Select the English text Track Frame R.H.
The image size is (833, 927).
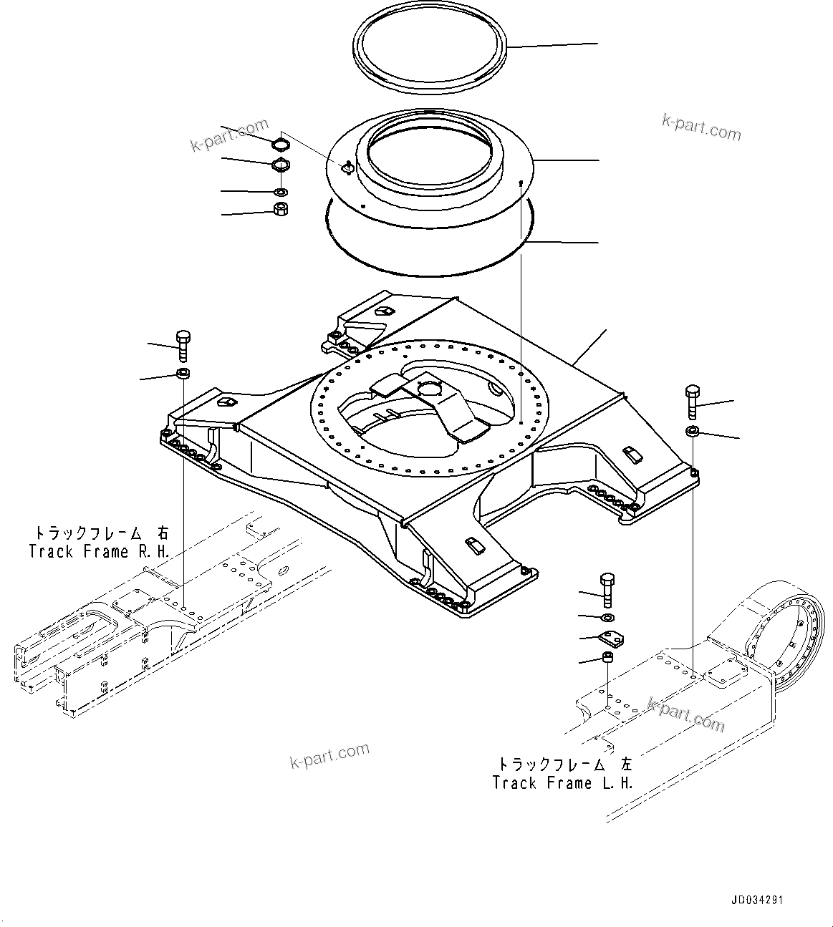[x=100, y=551]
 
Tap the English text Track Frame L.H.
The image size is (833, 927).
[x=563, y=782]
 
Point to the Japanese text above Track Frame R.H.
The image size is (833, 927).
[x=100, y=533]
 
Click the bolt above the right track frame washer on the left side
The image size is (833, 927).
[x=182, y=345]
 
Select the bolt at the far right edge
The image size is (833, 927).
[x=692, y=402]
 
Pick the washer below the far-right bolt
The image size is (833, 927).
[x=692, y=431]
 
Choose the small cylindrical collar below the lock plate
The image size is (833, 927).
[x=607, y=657]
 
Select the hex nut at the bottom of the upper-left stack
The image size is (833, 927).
[x=281, y=209]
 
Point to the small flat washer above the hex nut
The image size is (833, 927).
[x=281, y=192]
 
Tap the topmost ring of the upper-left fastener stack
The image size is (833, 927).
[x=281, y=145]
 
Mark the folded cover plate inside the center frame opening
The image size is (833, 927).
[x=430, y=404]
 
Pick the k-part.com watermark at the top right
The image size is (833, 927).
[x=700, y=128]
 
